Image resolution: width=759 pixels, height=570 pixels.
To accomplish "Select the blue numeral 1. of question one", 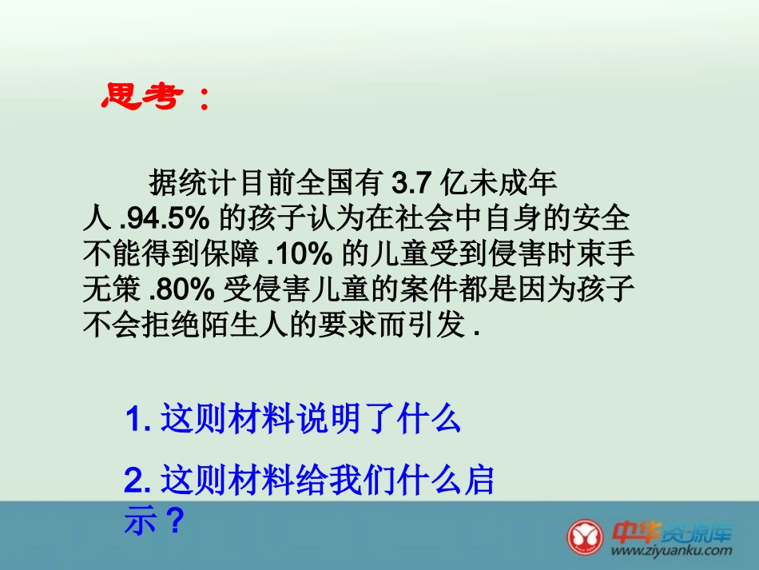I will (137, 419).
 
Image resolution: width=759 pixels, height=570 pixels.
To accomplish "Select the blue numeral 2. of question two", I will (137, 481).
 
